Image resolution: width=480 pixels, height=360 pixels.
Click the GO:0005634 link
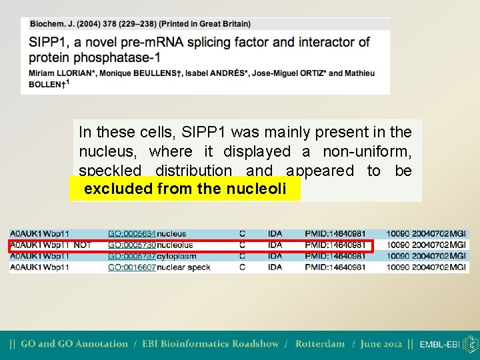[132, 234]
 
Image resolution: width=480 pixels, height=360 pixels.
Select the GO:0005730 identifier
[132, 245]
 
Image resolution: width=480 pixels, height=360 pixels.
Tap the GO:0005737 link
[132, 256]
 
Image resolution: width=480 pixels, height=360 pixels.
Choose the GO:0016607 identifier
[132, 267]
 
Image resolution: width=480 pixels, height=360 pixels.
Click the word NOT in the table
[82, 245]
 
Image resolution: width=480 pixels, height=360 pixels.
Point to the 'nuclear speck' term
[183, 267]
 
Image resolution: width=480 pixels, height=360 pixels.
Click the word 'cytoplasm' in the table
[177, 256]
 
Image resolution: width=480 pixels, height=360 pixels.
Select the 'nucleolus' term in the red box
[175, 245]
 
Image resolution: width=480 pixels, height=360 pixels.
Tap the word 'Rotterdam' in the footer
[319, 344]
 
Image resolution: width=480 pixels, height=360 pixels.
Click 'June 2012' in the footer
[381, 344]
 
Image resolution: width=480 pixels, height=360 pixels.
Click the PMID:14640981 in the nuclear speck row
[335, 267]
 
